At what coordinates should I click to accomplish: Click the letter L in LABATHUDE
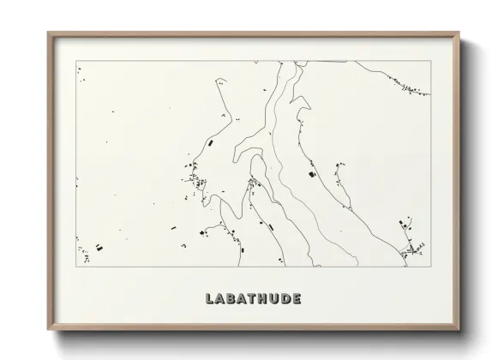pyautogui.click(x=210, y=299)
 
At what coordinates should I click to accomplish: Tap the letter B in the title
pyautogui.click(x=234, y=299)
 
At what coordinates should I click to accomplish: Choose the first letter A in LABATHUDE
pyautogui.click(x=222, y=299)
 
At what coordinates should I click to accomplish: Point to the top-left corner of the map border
pyautogui.click(x=76, y=61)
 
